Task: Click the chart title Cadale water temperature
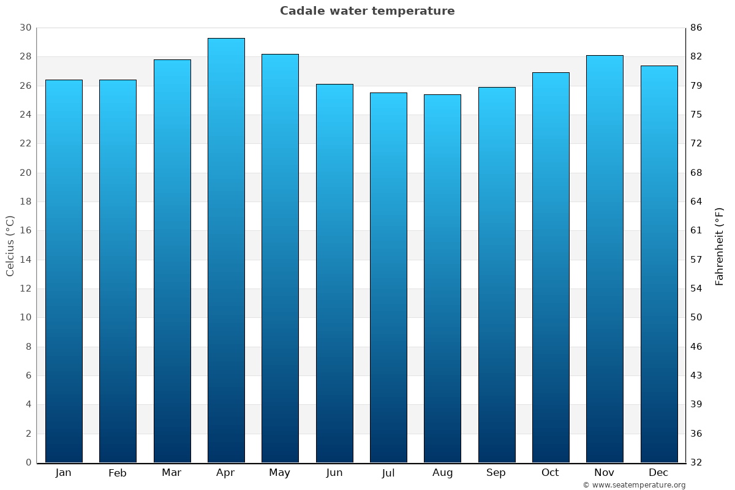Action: coord(367,11)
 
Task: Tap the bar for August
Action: coord(442,278)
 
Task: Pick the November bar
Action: coord(605,258)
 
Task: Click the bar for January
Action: coord(64,271)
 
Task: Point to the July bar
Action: coord(388,277)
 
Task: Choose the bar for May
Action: coord(280,258)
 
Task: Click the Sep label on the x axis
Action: coord(496,473)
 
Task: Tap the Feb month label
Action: coord(118,473)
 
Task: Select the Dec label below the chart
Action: coord(658,473)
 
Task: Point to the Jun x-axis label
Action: coord(334,473)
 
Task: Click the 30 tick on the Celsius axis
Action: coord(26,28)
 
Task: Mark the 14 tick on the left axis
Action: coord(26,260)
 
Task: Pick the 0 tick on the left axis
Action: coord(28,462)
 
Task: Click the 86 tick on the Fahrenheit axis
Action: coord(696,28)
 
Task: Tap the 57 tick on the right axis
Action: coord(696,260)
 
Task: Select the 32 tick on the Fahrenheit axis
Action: coord(696,462)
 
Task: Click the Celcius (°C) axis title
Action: coord(10,246)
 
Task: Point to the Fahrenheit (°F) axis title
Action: coord(720,246)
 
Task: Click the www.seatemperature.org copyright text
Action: coord(634,485)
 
